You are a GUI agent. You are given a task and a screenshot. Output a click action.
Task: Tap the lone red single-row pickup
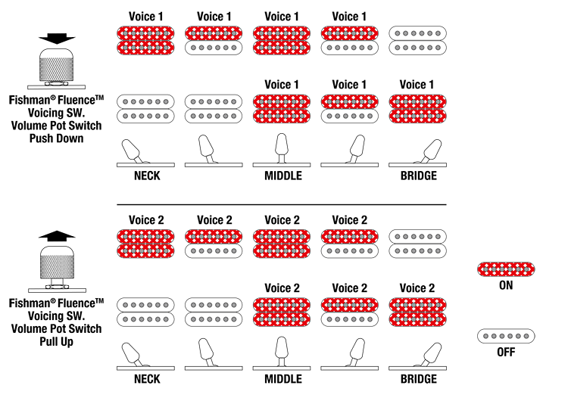[506, 269]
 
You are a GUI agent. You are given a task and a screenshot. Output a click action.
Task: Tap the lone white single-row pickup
[506, 335]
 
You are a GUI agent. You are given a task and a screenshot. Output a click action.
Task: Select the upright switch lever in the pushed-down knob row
[282, 148]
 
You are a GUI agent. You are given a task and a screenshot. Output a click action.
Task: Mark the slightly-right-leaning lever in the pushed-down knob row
[354, 148]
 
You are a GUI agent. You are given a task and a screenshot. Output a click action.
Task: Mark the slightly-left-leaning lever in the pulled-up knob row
[207, 353]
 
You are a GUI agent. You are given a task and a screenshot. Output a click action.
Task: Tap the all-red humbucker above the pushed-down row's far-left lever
[146, 40]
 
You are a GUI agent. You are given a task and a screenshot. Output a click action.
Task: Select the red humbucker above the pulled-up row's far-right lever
[417, 312]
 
